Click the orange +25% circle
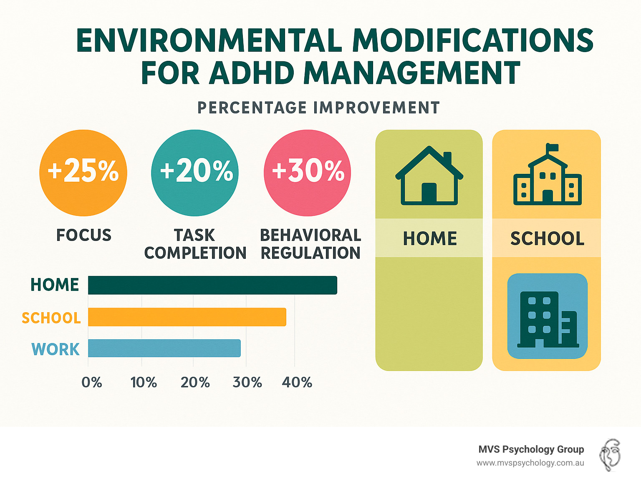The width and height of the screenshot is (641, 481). [x=83, y=173]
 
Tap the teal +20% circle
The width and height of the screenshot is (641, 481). [x=195, y=173]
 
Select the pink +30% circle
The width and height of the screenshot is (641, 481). [x=308, y=173]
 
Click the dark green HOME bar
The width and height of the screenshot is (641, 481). [x=212, y=285]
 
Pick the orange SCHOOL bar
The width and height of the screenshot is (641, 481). [x=187, y=317]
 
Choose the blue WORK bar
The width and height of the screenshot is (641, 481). [x=164, y=348]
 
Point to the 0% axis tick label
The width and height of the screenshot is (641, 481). [x=92, y=382]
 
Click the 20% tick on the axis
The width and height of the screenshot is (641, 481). [x=195, y=382]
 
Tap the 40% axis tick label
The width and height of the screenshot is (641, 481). [x=297, y=382]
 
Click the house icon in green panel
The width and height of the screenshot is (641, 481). [x=429, y=176]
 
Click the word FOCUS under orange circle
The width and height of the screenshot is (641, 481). [x=84, y=235]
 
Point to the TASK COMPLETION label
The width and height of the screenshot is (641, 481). [x=195, y=244]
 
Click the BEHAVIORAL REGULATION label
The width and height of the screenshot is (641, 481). [x=310, y=244]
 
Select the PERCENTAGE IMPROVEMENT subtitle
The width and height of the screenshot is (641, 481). [x=318, y=108]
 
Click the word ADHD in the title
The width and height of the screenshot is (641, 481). [x=252, y=73]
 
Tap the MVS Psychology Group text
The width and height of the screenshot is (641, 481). [x=531, y=449]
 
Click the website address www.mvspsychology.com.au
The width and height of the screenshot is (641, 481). [x=530, y=463]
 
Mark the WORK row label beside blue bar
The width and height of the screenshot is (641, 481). [x=56, y=349]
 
